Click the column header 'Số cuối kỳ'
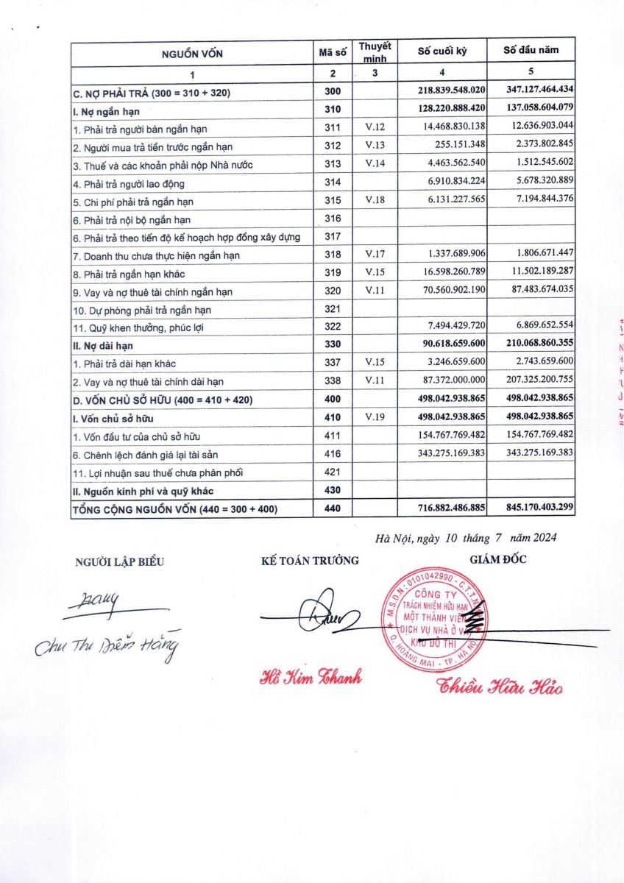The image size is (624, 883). coord(442,52)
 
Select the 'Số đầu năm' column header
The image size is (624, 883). coord(531,51)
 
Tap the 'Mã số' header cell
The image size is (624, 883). coord(333,52)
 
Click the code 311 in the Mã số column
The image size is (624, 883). coord(333,128)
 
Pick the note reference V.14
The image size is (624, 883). coord(375,164)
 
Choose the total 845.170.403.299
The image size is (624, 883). coord(531,508)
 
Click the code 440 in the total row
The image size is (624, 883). coord(333,508)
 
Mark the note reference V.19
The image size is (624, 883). coord(375,418)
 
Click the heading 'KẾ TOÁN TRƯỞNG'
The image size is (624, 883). coord(310,561)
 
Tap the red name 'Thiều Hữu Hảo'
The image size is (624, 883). coord(500,688)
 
